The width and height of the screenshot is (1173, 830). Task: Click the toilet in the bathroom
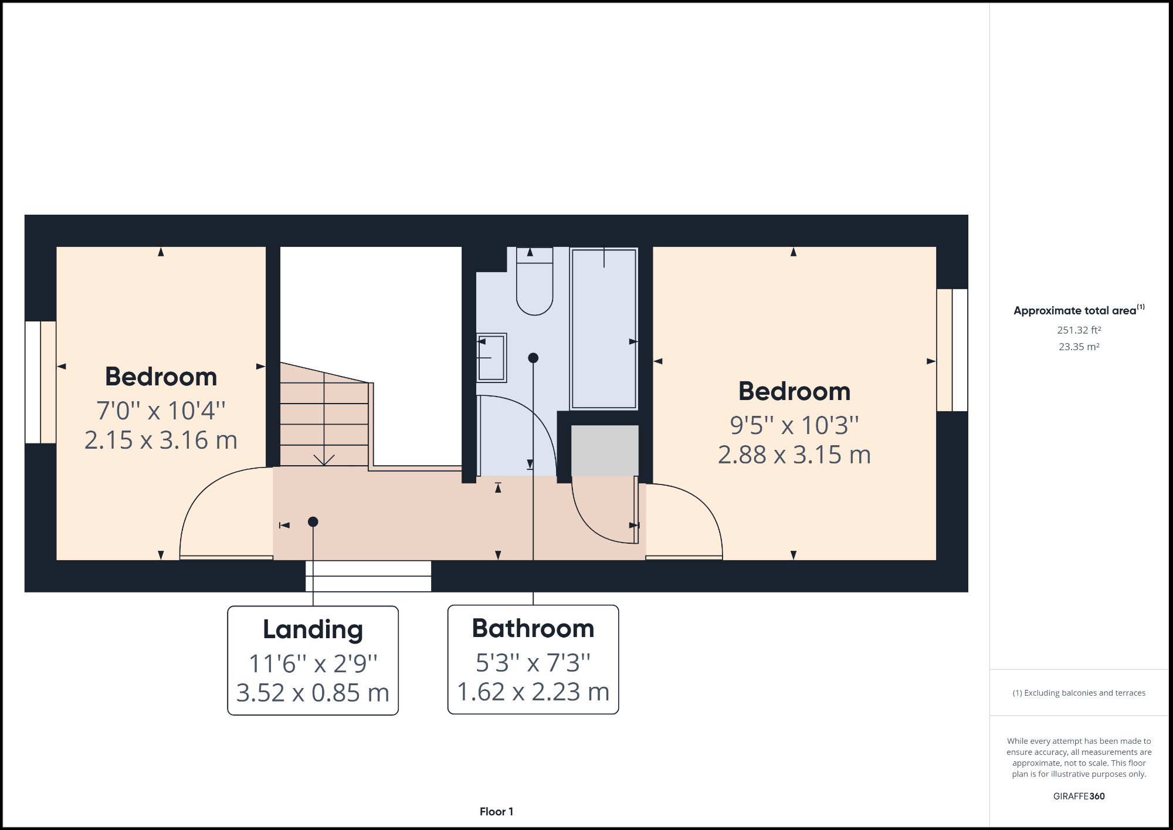click(534, 287)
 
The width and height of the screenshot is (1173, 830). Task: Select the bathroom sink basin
click(491, 358)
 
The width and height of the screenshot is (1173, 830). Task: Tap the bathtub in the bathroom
click(604, 328)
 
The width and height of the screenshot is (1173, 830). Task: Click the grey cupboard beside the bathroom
click(605, 450)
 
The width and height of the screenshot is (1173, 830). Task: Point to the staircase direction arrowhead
click(324, 460)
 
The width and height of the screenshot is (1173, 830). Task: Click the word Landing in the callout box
click(313, 629)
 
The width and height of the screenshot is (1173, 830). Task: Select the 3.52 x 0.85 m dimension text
click(313, 693)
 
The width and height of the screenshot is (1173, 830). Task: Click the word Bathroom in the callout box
click(533, 628)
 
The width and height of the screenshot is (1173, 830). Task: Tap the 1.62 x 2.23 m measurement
click(533, 692)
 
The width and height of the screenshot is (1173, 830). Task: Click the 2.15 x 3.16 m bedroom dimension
click(161, 441)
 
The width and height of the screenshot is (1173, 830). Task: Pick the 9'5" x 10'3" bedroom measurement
click(794, 425)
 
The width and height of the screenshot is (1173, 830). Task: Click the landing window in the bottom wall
click(368, 576)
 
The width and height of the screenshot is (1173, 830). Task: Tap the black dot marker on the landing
click(313, 521)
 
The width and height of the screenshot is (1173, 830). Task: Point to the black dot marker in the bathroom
click(533, 358)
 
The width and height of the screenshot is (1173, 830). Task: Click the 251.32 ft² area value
click(1079, 330)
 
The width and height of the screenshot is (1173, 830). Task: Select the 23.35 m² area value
click(1079, 347)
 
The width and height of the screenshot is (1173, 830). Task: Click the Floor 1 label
click(496, 811)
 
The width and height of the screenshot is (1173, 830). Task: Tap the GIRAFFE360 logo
click(1079, 796)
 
